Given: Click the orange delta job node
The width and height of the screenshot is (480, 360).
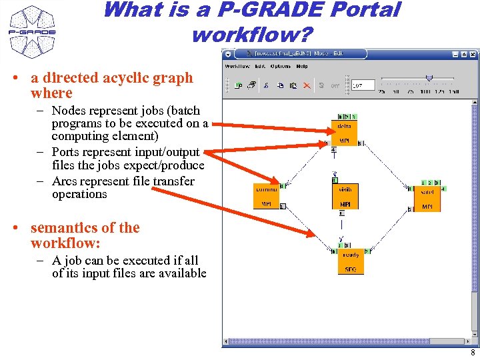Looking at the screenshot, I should pos(345,133).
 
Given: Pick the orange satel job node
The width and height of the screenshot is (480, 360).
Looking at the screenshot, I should pos(427,199).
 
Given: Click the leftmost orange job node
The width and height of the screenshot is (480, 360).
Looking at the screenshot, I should pos(266,196).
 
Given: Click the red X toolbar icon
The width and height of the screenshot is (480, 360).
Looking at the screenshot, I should pos(307,85).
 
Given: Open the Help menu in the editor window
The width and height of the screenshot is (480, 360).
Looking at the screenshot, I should pos(302,67).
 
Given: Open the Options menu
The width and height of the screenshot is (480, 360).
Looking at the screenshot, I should pos(281,67).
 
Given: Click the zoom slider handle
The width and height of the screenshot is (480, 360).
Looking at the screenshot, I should pos(429,77).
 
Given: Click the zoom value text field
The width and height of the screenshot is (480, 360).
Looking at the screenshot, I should pos(363,85).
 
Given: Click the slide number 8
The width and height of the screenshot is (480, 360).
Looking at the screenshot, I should pos(472,353).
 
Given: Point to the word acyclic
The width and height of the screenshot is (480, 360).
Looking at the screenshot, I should pos(134,78).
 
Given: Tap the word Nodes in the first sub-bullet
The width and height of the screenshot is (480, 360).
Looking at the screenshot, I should pos(68,111).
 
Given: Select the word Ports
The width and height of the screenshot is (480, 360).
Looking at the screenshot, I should pos(67,152).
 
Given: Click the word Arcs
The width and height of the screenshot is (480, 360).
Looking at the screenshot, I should pos(65,181).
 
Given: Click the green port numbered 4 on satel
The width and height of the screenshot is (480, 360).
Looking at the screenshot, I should pos(443,189).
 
